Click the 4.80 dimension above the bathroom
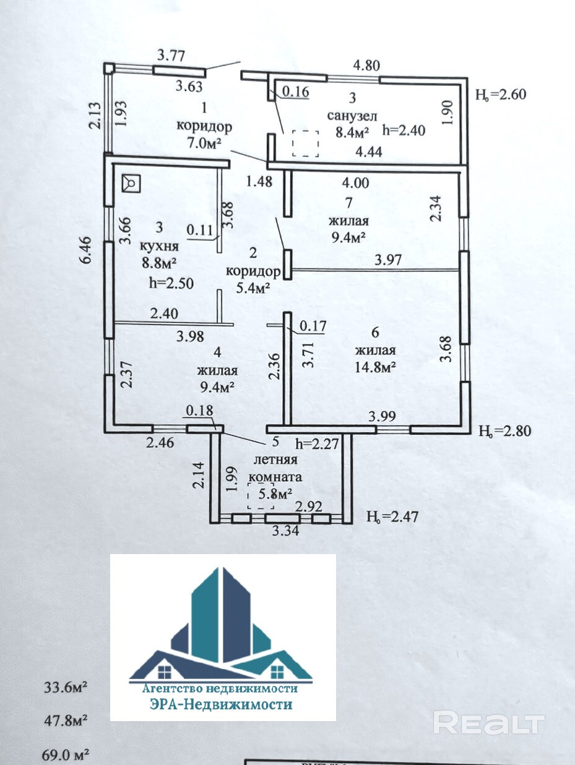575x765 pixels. [x=366, y=66]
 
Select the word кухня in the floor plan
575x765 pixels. [x=159, y=246]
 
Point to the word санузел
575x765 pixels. [x=352, y=116]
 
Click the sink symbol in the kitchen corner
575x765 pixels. [x=131, y=183]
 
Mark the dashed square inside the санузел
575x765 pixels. [x=306, y=143]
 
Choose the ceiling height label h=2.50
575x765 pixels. [x=171, y=283]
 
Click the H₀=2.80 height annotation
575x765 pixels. [x=505, y=431]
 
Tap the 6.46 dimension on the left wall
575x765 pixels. [x=86, y=250]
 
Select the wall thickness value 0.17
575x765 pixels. [x=313, y=326]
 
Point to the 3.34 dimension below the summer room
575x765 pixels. [x=285, y=531]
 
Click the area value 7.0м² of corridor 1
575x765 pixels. [x=205, y=142]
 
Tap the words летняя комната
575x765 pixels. [x=276, y=468]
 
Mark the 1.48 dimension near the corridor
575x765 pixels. [x=259, y=182]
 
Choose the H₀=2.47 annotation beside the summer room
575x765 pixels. [x=392, y=516]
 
